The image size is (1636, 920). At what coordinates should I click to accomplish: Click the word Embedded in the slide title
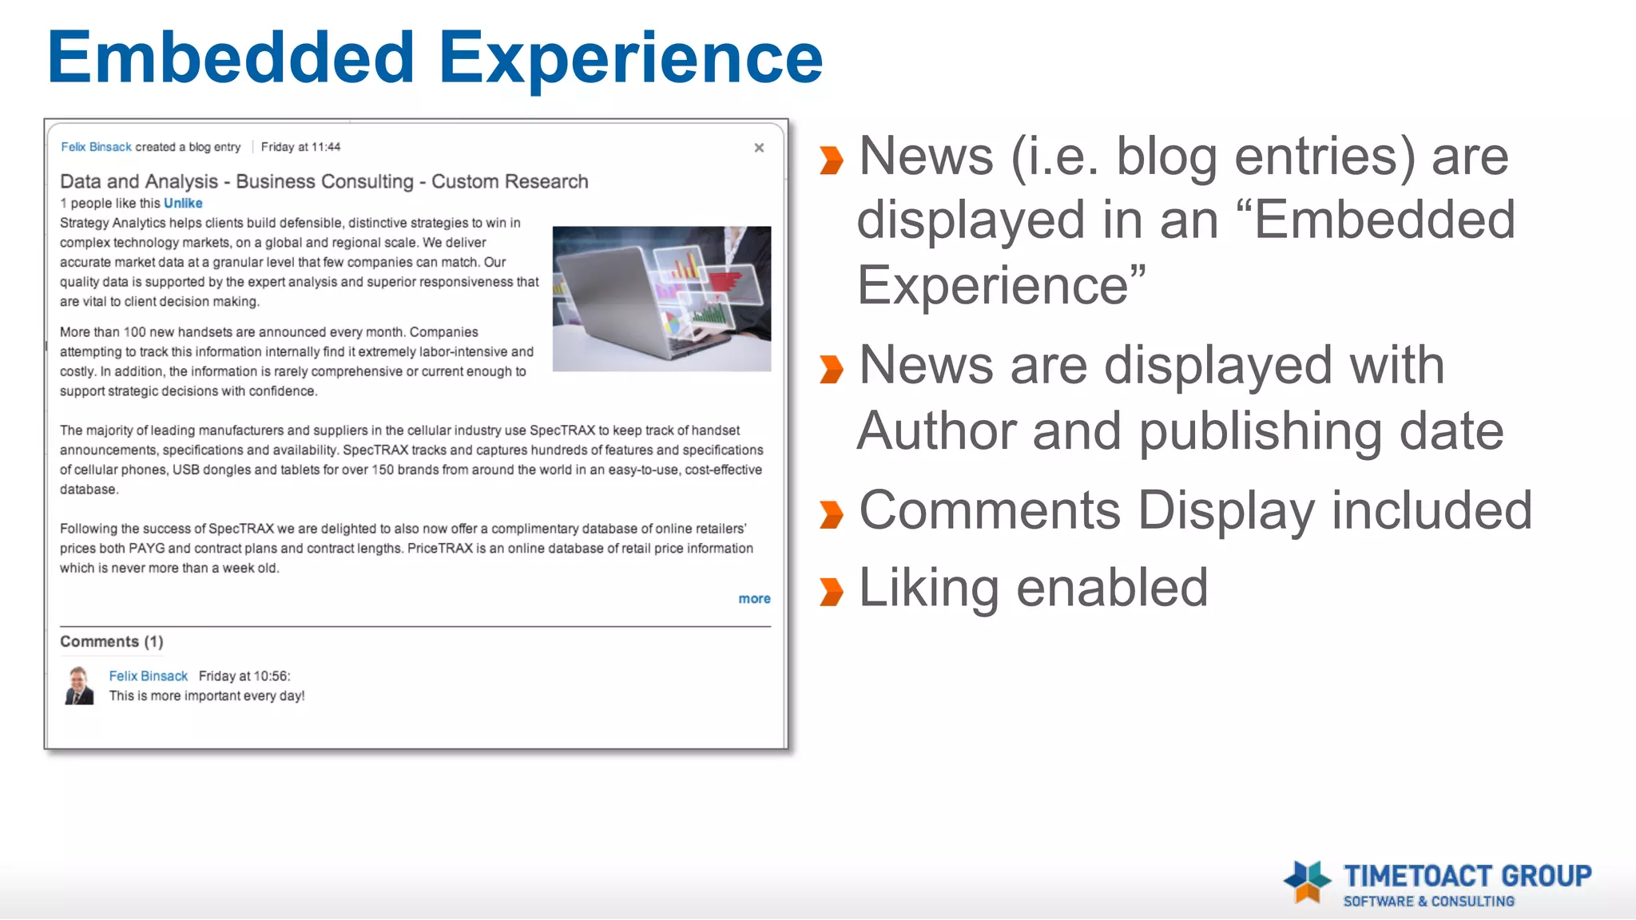(231, 57)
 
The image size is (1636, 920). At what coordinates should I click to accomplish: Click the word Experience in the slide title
(630, 57)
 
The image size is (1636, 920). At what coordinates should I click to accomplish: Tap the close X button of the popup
(759, 148)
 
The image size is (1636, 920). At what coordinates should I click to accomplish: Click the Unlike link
(183, 203)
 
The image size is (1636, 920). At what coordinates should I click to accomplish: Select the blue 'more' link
(754, 598)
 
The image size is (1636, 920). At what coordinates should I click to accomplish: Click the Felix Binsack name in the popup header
(96, 147)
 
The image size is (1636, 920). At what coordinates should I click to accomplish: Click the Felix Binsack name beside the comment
(148, 676)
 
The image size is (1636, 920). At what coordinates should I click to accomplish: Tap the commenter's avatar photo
(79, 685)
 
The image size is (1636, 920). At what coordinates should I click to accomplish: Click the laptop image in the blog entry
(661, 298)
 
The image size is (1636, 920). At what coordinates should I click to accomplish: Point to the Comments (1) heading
(111, 641)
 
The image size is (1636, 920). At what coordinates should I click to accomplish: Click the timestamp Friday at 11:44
(300, 147)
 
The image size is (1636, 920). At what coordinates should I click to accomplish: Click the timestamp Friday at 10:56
(244, 676)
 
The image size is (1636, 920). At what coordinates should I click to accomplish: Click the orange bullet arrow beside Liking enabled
(831, 592)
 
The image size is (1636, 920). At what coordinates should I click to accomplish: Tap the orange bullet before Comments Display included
(831, 514)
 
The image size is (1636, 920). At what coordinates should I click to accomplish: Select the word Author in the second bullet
(935, 431)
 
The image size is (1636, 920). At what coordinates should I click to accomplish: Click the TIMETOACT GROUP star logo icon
(1307, 882)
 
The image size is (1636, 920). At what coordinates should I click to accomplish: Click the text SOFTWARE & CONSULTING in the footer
(1428, 901)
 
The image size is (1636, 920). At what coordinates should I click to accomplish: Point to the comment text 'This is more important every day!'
(207, 696)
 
